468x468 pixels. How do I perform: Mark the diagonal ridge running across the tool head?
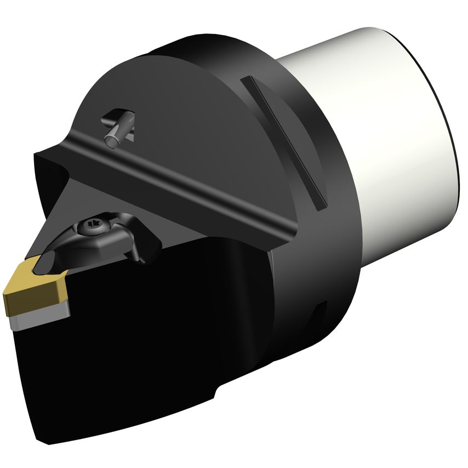pos(181,181)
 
